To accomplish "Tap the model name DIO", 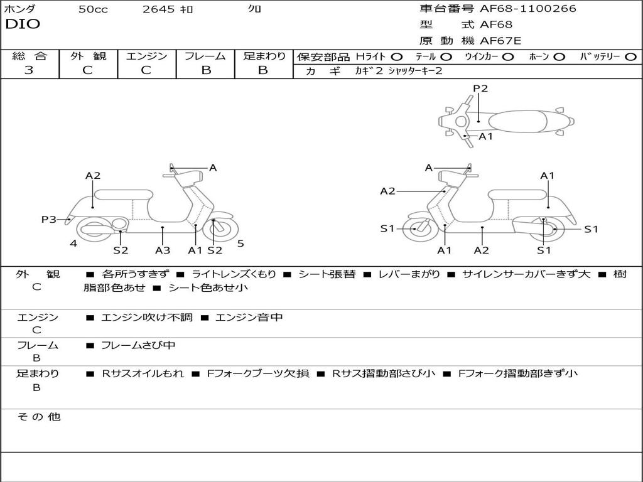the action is pos(23,24).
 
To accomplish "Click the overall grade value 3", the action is pos(29,70).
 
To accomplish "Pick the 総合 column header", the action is pos(30,56).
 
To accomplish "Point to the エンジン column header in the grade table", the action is pos(146,56).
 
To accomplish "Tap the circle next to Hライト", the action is pos(397,56).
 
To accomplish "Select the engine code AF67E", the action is pos(500,41).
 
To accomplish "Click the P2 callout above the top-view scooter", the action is pos(480,88).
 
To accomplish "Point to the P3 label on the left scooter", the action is pos(49,219).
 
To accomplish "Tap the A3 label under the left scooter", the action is pos(163,250).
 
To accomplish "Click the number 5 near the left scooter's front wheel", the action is pos(240,244).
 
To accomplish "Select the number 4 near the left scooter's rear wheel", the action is pos(73,244).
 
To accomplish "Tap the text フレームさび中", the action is pos(138,345).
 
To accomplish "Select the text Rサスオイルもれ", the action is pos(143,373).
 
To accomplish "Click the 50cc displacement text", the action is pos(93,9).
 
